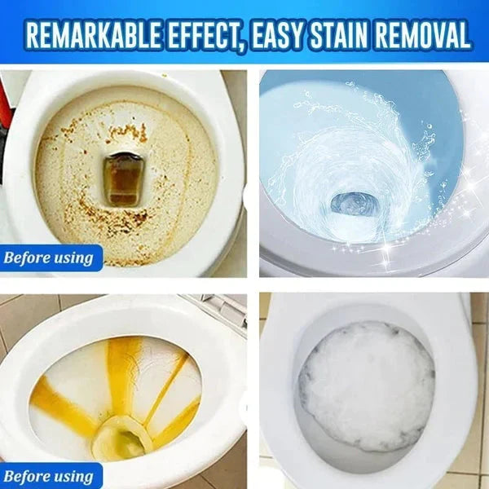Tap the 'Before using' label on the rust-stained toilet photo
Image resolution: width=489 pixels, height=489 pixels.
tap(49, 259)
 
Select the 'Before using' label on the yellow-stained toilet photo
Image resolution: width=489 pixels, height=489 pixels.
tap(49, 476)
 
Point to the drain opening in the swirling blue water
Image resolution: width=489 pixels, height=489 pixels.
tap(355, 201)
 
